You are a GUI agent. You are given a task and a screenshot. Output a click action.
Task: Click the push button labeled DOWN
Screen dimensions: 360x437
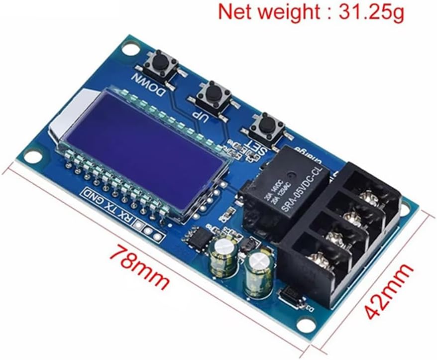click(160, 64)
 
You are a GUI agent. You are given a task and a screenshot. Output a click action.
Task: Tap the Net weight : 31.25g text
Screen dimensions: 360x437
click(311, 12)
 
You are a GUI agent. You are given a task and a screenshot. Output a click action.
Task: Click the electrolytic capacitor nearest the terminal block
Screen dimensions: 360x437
click(259, 273)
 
